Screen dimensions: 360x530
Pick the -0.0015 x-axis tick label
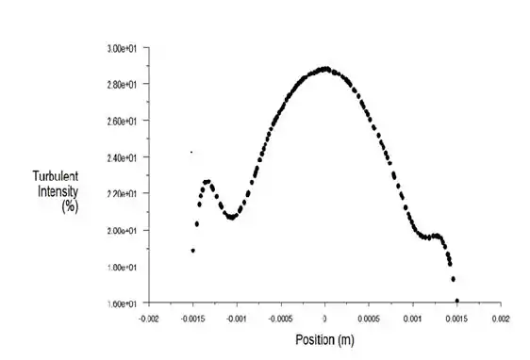pos(191,319)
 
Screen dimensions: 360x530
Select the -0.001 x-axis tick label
pos(236,319)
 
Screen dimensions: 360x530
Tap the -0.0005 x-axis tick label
pos(280,319)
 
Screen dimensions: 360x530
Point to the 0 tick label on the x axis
pos(325,319)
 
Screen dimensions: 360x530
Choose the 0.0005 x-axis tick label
pos(370,319)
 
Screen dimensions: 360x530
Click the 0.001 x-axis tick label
pos(414,319)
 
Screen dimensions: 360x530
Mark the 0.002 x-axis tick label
pos(503,319)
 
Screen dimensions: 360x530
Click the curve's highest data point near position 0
pos(325,68)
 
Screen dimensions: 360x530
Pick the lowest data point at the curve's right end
pos(457,301)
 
